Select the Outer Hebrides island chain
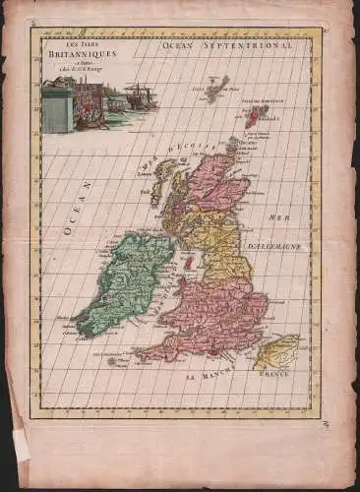pyautogui.click(x=157, y=183)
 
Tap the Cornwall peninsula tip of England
pyautogui.click(x=144, y=354)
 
